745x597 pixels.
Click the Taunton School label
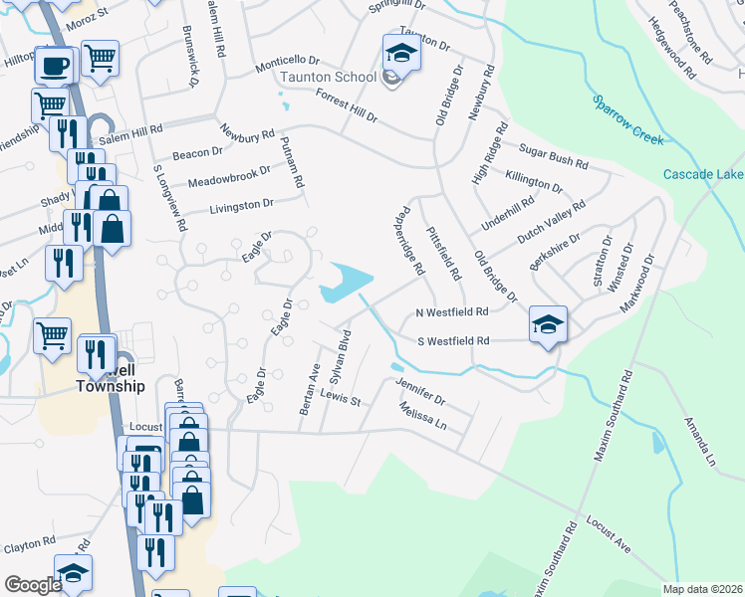click(x=328, y=77)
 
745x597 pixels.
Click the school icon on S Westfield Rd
click(x=548, y=325)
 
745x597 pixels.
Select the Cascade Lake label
click(x=703, y=175)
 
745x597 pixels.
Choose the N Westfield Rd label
click(x=452, y=312)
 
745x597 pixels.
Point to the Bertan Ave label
click(x=310, y=382)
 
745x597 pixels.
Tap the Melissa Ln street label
click(x=421, y=416)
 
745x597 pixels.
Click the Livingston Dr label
click(x=241, y=206)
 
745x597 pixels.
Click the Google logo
click(x=33, y=585)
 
